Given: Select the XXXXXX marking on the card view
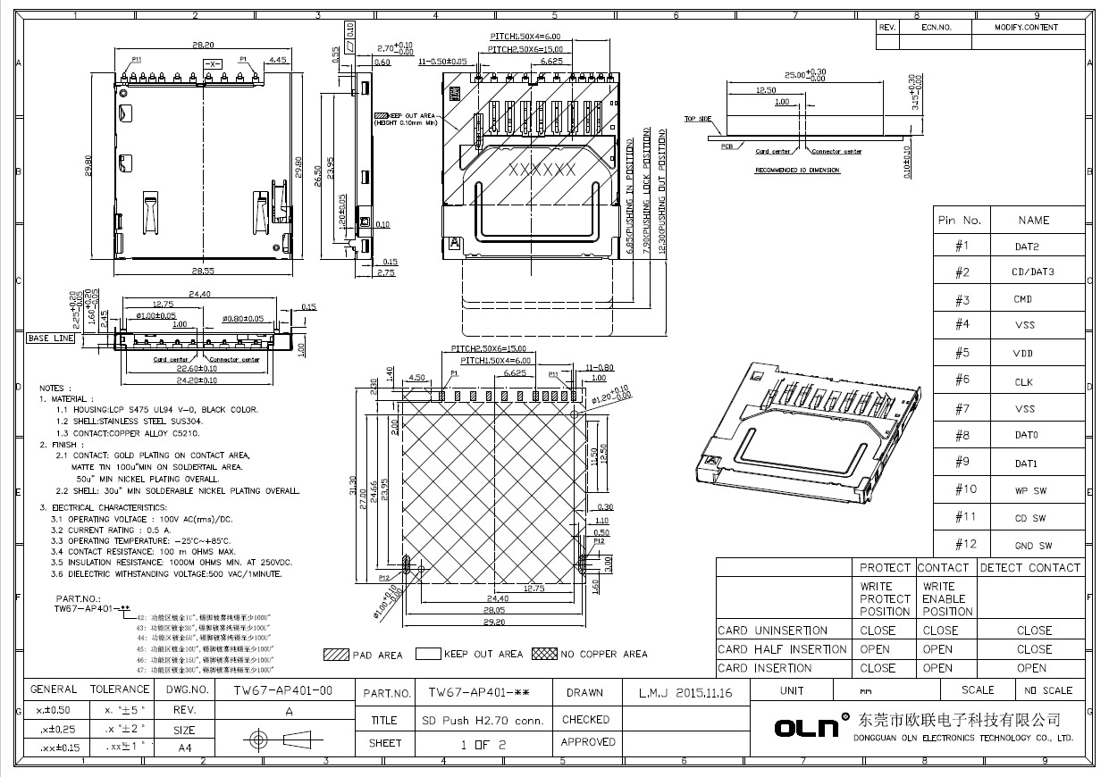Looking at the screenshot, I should point(542,169).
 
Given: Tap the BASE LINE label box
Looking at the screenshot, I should point(51,338).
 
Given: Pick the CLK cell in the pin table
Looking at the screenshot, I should point(1023,382).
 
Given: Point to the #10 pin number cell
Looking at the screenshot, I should point(966,489).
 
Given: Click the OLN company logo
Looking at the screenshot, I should point(808,727).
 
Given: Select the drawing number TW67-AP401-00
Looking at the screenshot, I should point(282,690).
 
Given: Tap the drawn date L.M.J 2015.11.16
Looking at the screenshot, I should point(685,692).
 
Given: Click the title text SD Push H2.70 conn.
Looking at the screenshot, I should point(483,720).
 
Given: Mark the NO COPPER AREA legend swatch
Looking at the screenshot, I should point(543,654).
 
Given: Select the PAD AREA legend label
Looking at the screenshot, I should point(377,656).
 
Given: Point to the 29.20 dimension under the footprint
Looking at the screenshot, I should point(496,622).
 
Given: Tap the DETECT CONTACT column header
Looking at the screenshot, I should point(1029,567).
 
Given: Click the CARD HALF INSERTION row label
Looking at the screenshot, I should point(782,649).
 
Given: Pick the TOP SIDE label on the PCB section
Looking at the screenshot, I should point(698,119).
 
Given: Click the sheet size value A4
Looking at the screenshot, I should point(185,748).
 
